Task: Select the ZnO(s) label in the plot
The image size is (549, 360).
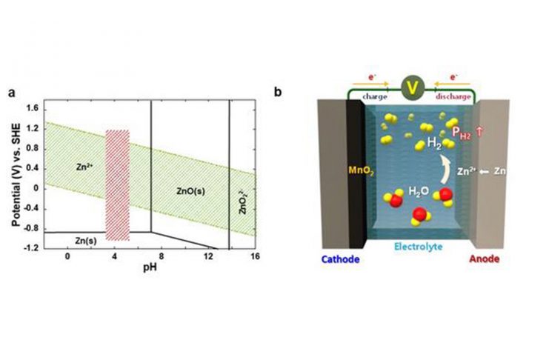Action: [x=184, y=190]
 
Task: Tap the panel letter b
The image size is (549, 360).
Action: [x=278, y=93]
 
